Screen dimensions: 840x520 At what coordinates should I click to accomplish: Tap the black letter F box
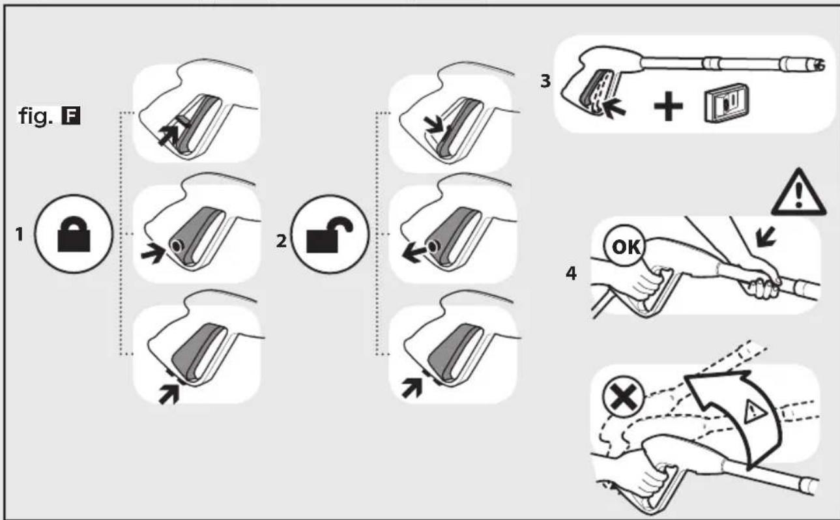click(x=71, y=116)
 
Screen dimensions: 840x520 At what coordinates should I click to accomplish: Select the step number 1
click(x=19, y=235)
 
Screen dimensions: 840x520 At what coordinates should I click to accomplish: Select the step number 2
click(x=282, y=241)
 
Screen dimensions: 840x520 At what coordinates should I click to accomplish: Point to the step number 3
click(x=545, y=81)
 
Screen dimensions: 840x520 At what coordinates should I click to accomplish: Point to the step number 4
click(x=571, y=273)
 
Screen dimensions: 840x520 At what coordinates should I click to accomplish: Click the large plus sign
click(x=668, y=106)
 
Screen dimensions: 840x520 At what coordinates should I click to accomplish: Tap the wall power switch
click(x=727, y=103)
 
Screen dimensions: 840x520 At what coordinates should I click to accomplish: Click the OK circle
click(x=624, y=246)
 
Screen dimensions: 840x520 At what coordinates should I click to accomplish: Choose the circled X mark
click(x=623, y=397)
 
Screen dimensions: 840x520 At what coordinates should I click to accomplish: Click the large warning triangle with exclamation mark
click(x=799, y=192)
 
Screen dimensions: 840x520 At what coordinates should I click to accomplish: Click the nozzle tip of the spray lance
click(x=820, y=65)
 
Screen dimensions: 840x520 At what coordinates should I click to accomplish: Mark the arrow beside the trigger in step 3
click(x=613, y=109)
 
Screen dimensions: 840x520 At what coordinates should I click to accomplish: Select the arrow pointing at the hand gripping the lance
click(x=766, y=237)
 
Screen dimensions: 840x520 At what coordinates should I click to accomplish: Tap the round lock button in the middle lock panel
click(x=176, y=246)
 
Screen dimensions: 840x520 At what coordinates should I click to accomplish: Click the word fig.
click(x=36, y=116)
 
